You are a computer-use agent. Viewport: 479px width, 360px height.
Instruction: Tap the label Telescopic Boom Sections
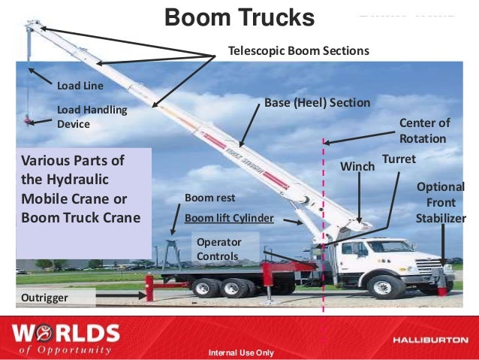pyautogui.click(x=299, y=51)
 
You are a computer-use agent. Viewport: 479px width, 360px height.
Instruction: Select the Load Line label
pyautogui.click(x=80, y=86)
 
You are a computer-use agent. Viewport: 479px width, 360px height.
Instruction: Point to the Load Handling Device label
pyautogui.click(x=92, y=116)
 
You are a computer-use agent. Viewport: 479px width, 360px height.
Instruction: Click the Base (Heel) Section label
pyautogui.click(x=318, y=101)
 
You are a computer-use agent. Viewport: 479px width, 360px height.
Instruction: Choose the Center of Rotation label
pyautogui.click(x=423, y=131)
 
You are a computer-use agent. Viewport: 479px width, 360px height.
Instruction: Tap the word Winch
pyautogui.click(x=357, y=165)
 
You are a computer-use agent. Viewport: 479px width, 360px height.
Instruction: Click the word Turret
pyautogui.click(x=399, y=159)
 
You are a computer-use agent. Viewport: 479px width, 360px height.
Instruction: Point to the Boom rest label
pyautogui.click(x=209, y=198)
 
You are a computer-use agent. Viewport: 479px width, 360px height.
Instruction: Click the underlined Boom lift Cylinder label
pyautogui.click(x=229, y=218)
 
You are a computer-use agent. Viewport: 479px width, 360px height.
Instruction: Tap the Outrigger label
pyautogui.click(x=45, y=298)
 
